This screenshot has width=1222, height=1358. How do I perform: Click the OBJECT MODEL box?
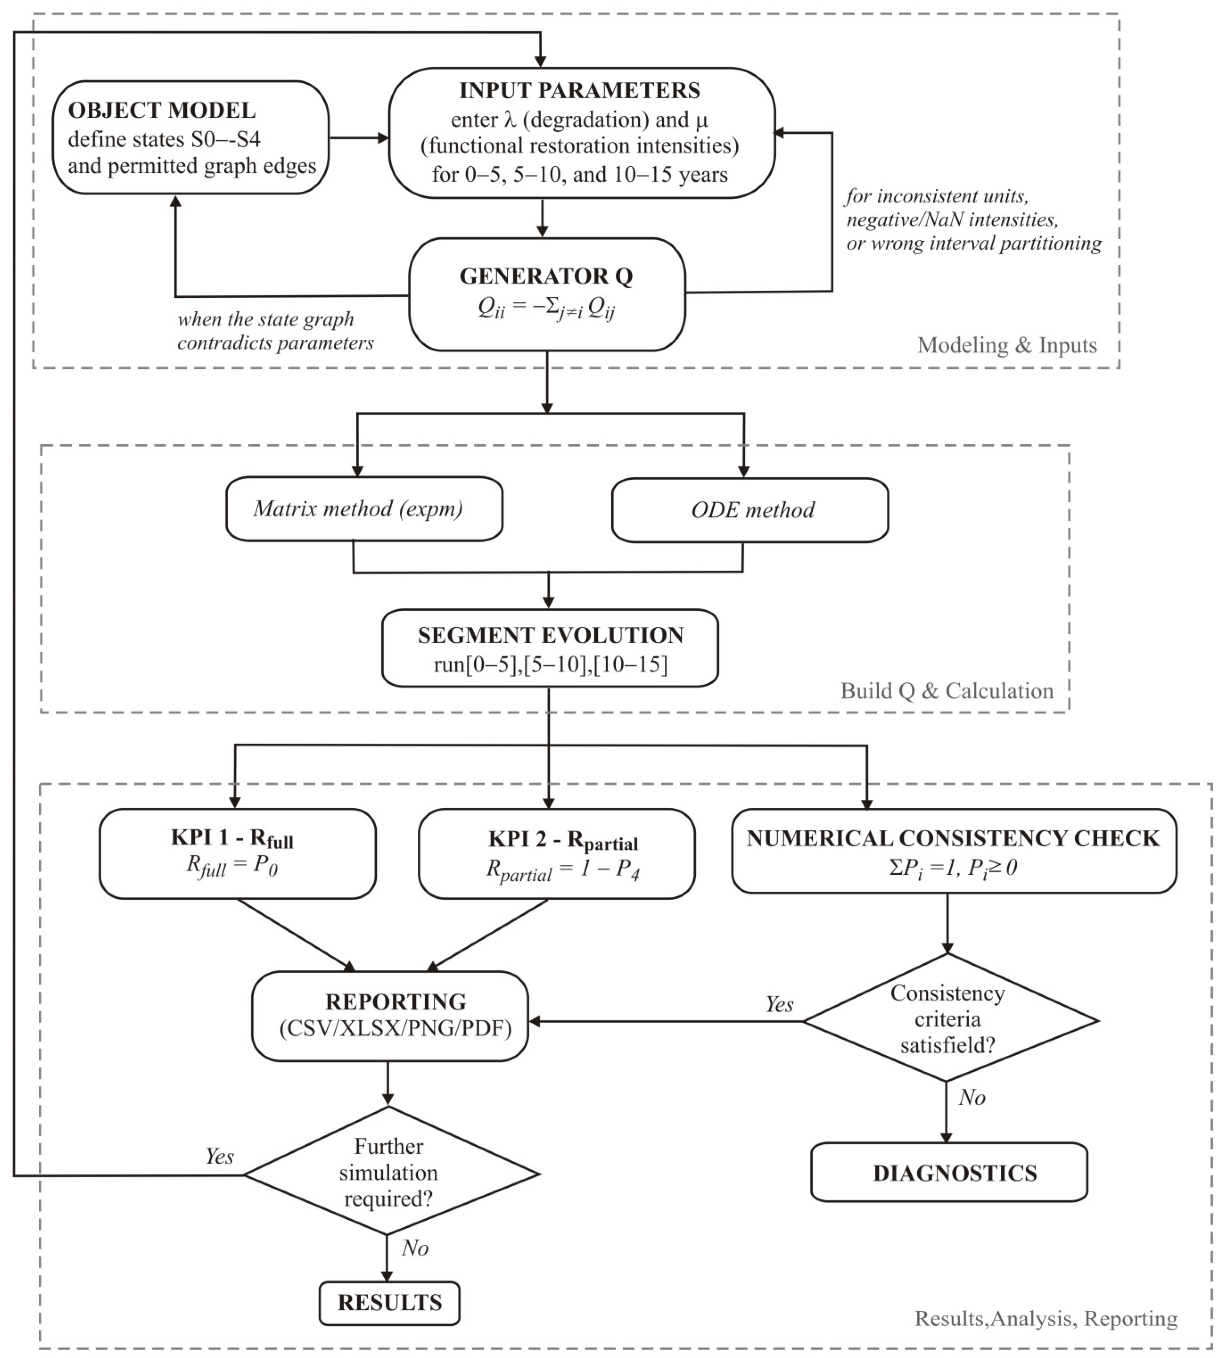[191, 138]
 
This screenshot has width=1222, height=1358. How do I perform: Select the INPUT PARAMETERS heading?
[580, 90]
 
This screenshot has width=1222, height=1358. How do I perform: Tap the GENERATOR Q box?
[547, 294]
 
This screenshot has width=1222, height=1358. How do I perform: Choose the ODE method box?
[750, 510]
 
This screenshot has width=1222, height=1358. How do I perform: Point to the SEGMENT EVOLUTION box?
[550, 648]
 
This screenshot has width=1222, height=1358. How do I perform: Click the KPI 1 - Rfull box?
[237, 853]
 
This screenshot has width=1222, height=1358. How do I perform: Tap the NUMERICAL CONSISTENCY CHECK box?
[954, 851]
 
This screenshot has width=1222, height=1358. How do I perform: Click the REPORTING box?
[390, 1016]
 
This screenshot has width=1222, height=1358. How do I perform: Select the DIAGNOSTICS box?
[949, 1172]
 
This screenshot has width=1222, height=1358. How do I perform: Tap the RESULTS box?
[390, 1303]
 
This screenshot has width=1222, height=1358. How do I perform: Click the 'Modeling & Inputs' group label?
[1007, 345]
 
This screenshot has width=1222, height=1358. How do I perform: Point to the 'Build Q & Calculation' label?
[947, 691]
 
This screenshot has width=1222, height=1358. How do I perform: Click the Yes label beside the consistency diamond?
[780, 1004]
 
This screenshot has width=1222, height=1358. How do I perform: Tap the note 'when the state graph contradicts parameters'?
[275, 331]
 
